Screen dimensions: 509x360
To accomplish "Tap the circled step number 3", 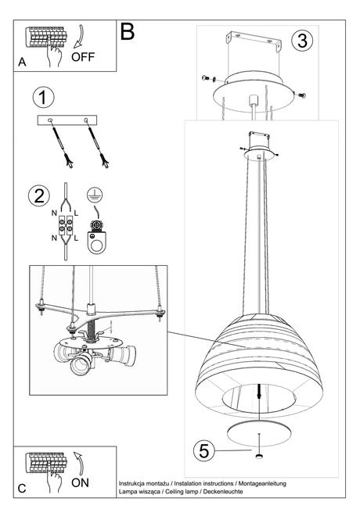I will [301, 41].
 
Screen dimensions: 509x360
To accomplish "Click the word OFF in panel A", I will [85, 57].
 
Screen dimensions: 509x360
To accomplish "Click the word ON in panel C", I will [80, 482].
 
